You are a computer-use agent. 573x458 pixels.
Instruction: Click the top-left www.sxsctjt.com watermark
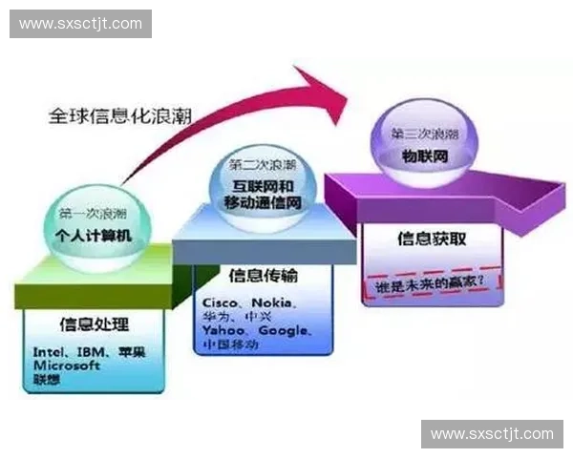pyautogui.click(x=80, y=23)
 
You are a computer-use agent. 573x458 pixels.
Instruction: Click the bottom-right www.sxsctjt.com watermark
pyautogui.click(x=492, y=434)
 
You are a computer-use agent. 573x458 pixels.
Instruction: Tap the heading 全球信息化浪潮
pyautogui.click(x=120, y=116)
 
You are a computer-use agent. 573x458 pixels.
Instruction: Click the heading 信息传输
pyautogui.click(x=263, y=276)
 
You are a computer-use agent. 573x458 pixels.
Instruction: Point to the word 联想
pyautogui.click(x=46, y=378)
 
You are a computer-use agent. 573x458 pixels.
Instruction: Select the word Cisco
pyautogui.click(x=221, y=302)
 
